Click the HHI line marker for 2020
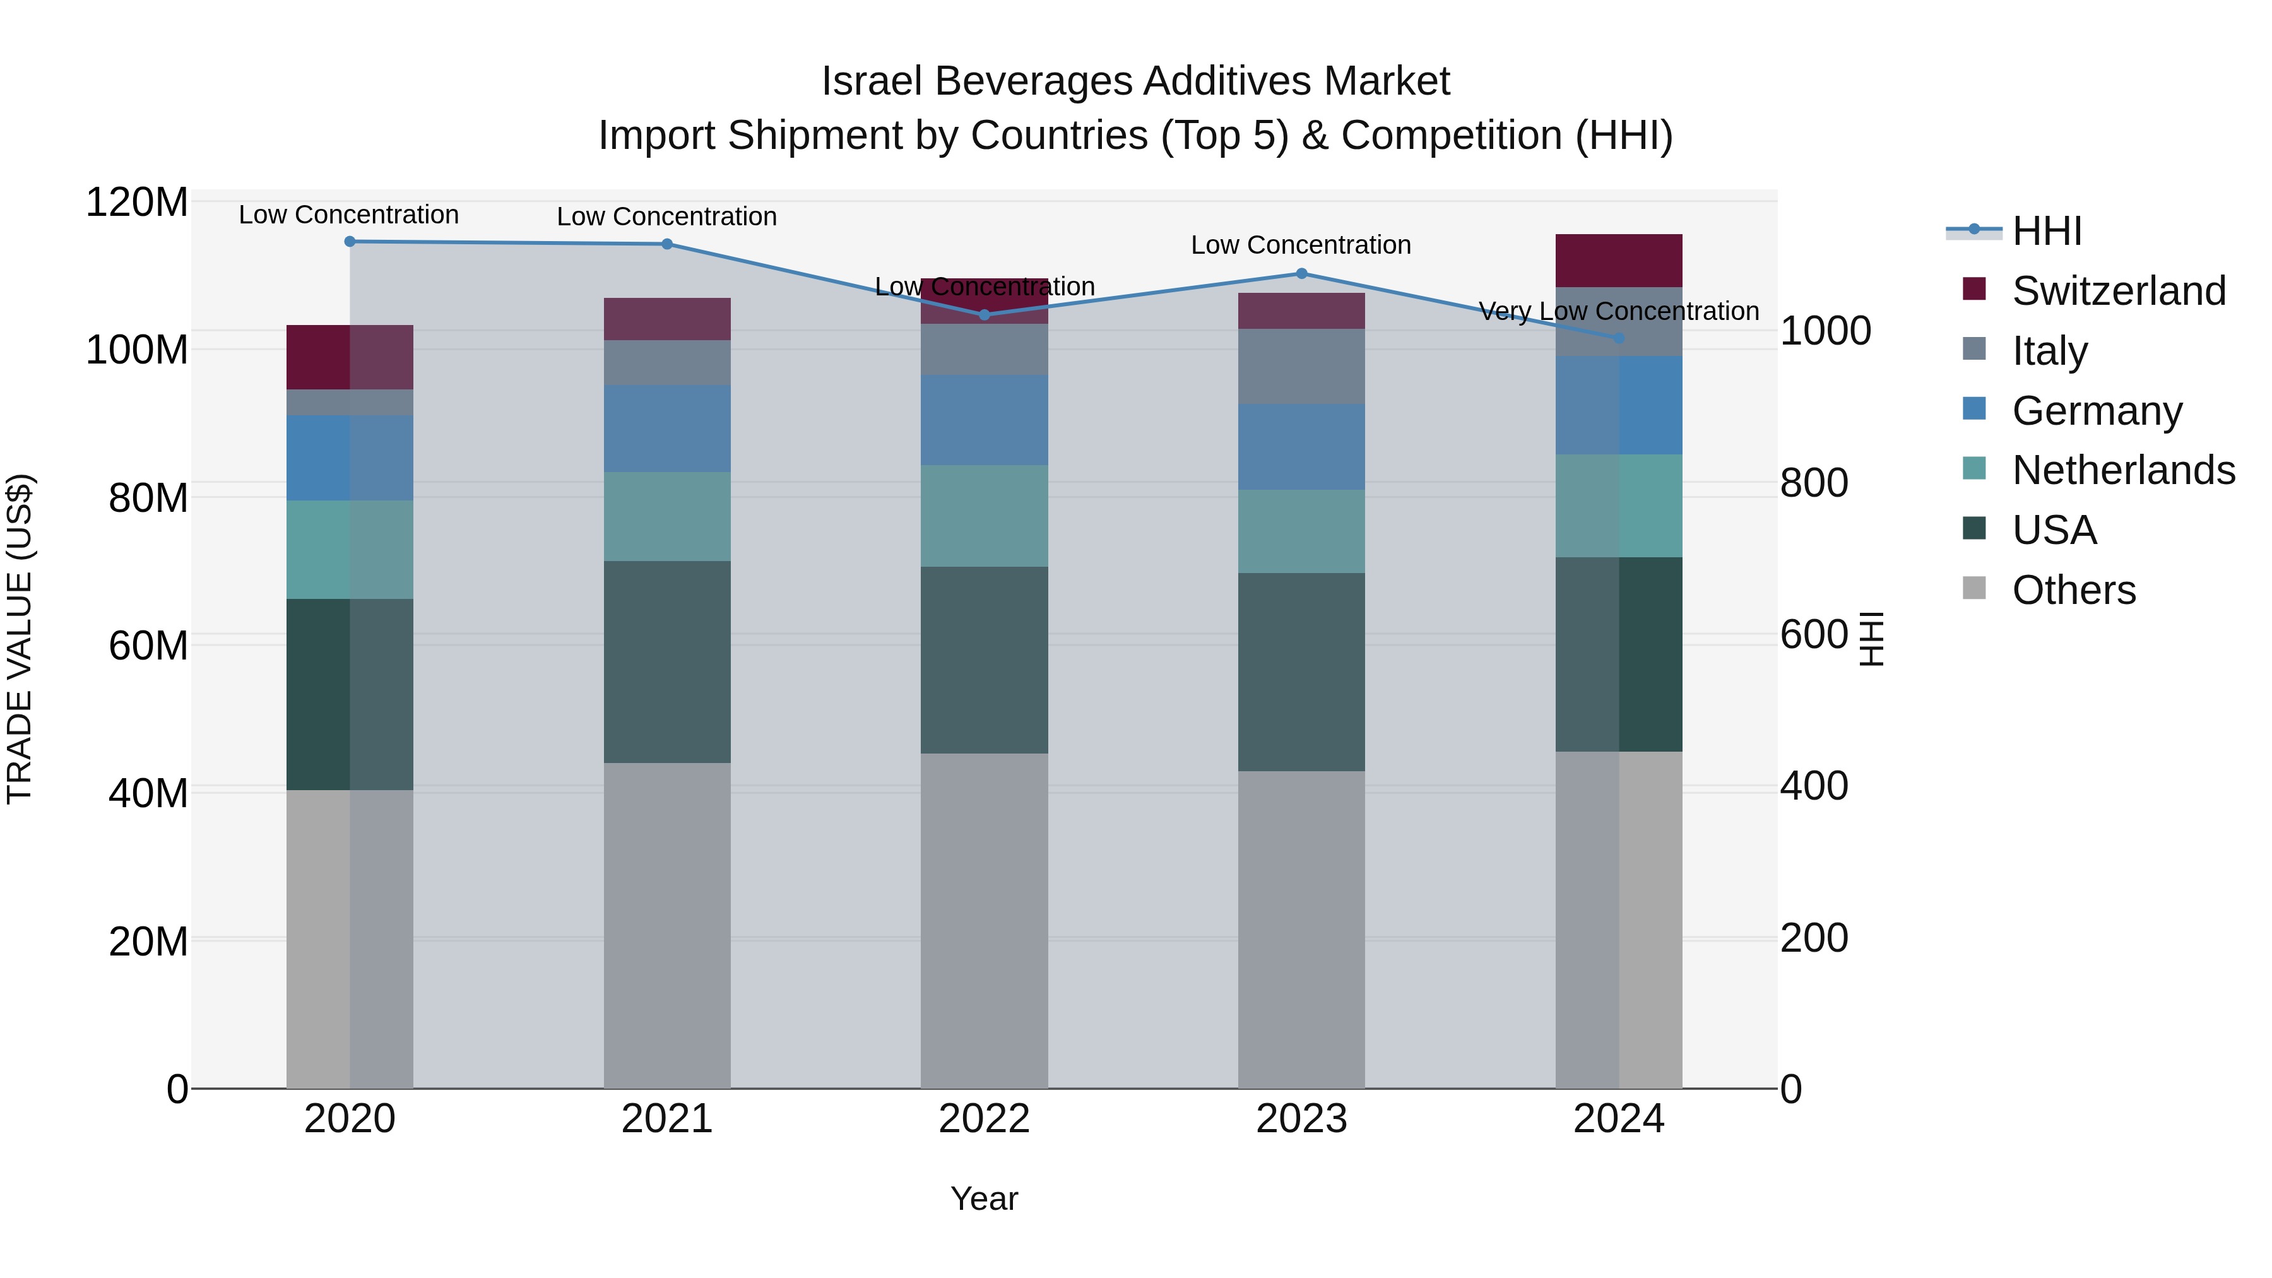350,241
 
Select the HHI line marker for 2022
985,315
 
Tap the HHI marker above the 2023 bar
1302,273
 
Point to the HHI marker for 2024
1618,338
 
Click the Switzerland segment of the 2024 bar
1618,261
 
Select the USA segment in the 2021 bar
667,661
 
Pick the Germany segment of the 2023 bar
1302,447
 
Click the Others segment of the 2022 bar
985,920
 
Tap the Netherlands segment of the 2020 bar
350,550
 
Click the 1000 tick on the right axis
1825,331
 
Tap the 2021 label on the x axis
667,1119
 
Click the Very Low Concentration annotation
1618,311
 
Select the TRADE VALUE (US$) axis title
20,639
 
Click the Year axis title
985,1198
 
